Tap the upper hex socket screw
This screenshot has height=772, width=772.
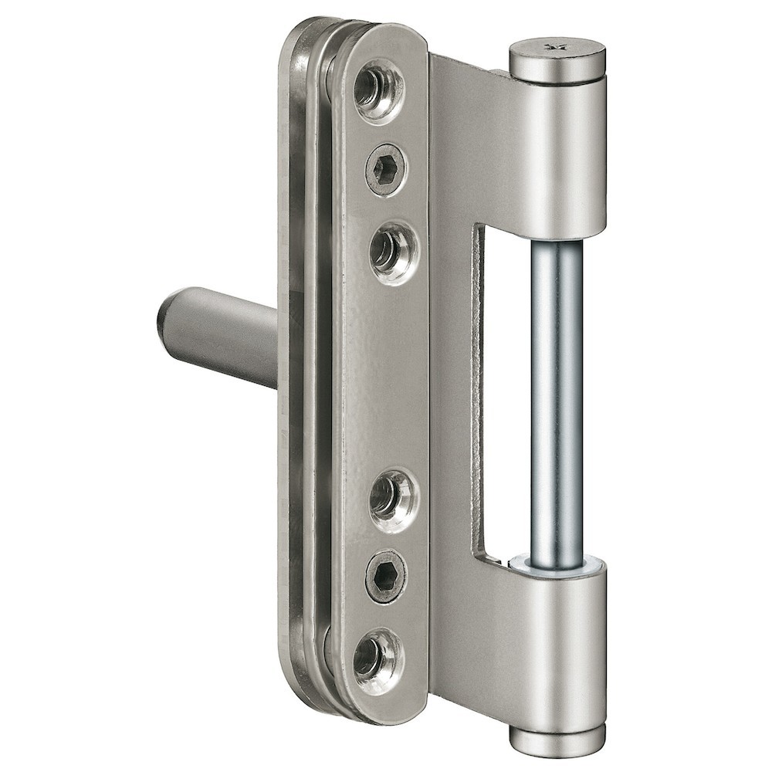pyautogui.click(x=386, y=168)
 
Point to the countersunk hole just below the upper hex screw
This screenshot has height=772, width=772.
pyautogui.click(x=392, y=251)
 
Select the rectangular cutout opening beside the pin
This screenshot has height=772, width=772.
pyautogui.click(x=506, y=386)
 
